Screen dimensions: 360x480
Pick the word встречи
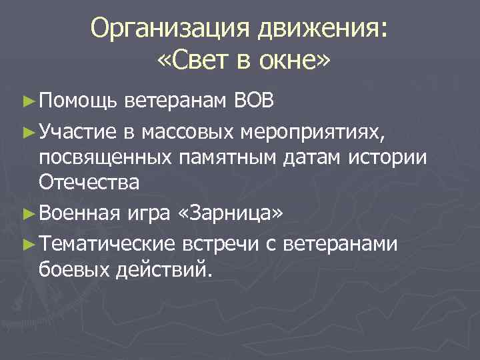point(221,245)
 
